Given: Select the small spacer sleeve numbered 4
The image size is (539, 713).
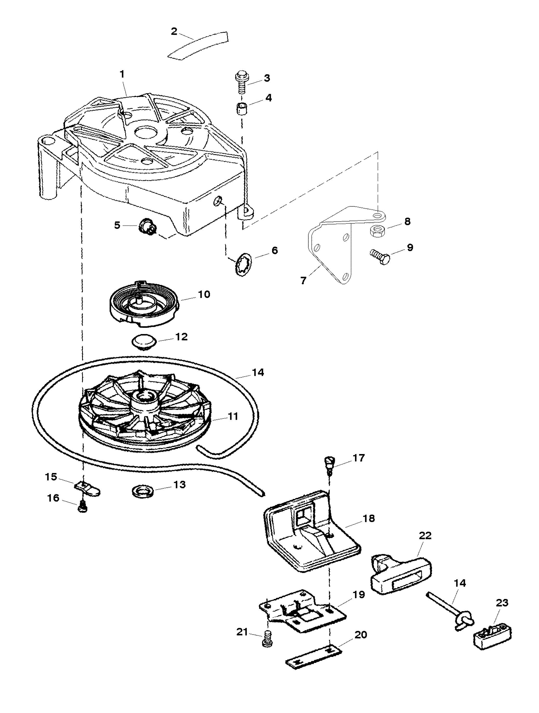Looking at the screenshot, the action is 241,108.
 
